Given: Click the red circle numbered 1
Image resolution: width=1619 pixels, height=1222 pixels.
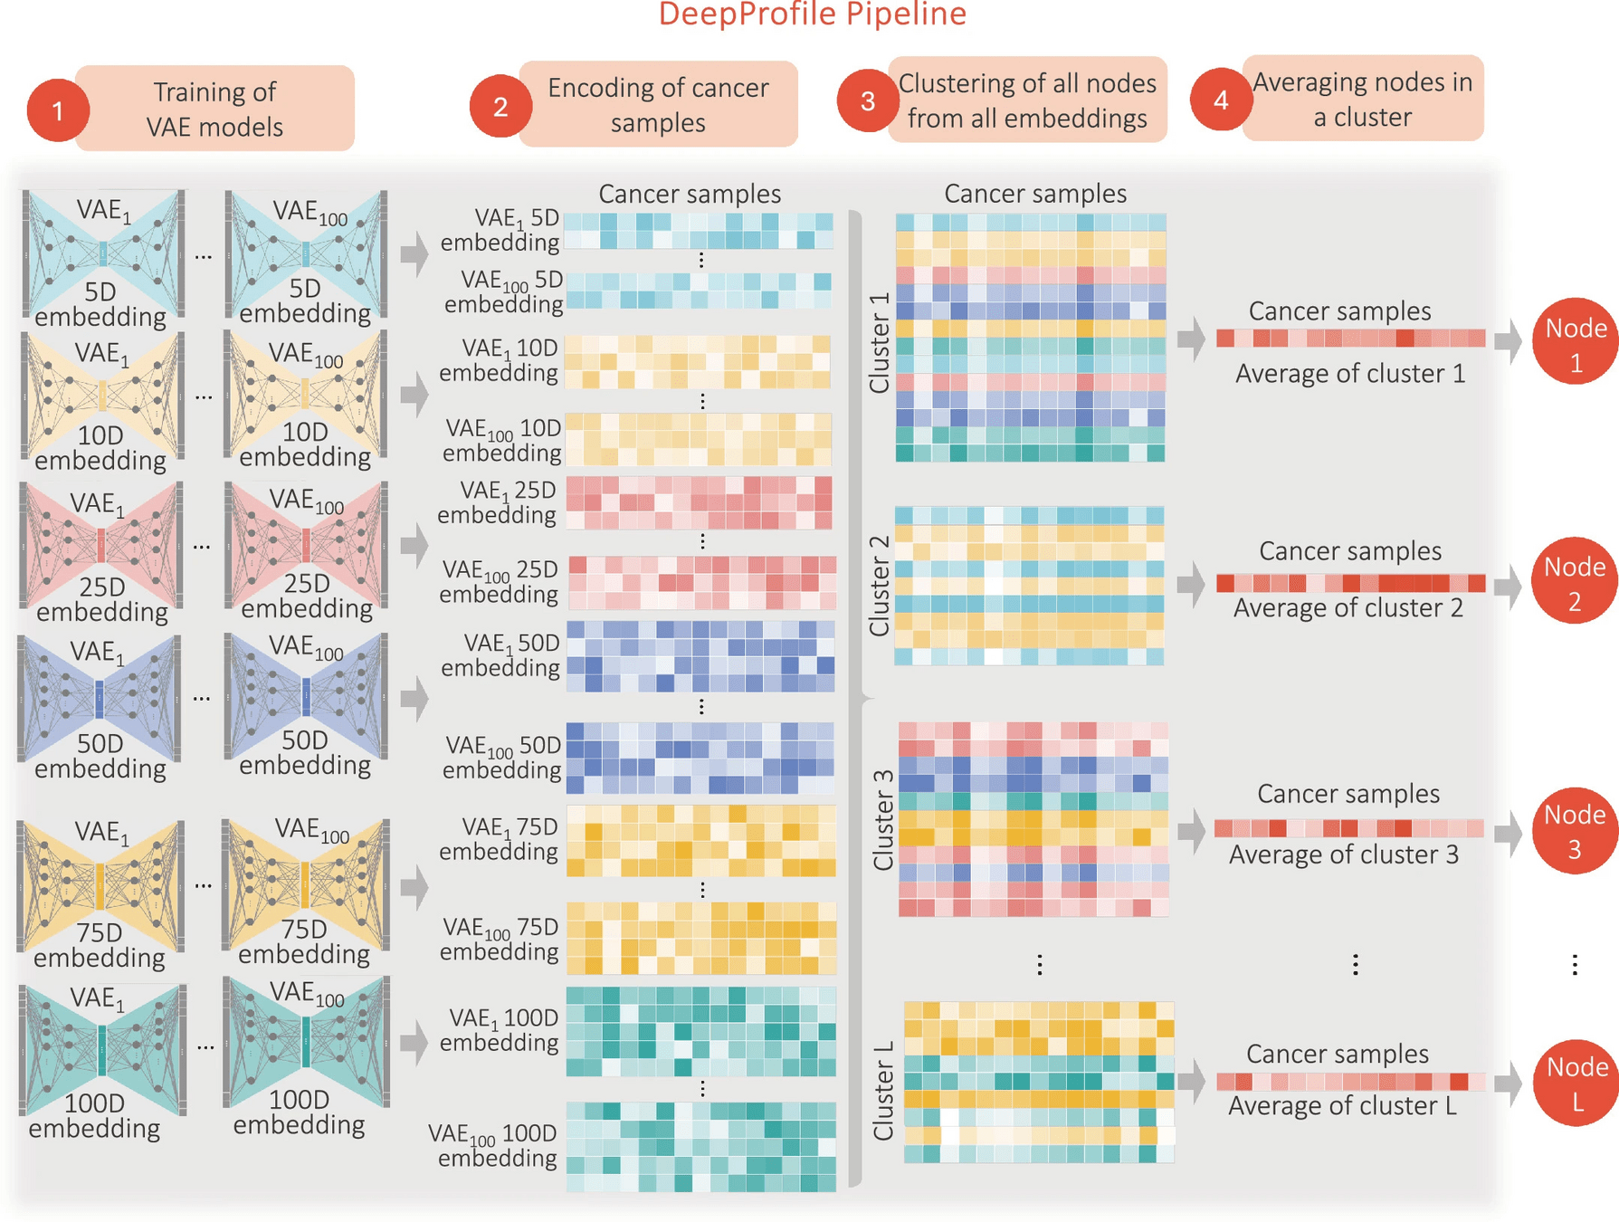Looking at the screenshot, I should pos(58,110).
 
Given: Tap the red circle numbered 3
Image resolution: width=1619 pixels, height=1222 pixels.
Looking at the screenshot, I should pos(867,100).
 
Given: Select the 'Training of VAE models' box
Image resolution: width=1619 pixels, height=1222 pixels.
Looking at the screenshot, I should pos(215,109).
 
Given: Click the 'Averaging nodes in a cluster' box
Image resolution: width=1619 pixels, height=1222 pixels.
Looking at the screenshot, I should pos(1362,99).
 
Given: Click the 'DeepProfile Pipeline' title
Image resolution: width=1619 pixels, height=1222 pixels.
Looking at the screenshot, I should pos(812,14).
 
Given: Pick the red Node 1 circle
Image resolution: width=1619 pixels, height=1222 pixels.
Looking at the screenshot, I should pos(1575,342).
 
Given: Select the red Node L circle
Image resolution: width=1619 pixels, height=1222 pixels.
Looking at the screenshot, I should pos(1576,1083).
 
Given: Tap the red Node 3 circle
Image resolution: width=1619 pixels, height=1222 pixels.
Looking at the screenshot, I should pos(1575,830).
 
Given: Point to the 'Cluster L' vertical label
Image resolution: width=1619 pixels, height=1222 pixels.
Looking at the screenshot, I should pos(883,1090).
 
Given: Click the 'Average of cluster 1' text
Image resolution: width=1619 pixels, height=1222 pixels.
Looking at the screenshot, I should pos(1349,373).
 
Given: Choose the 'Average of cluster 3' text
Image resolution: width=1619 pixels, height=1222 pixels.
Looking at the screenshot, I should pos(1343,854).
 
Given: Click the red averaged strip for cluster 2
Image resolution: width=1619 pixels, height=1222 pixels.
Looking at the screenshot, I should pos(1350,584).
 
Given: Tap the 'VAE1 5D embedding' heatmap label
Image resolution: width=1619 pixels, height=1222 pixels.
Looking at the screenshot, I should pos(500,230).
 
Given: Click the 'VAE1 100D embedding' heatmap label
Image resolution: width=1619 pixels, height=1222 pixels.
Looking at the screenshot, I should pos(499,1030).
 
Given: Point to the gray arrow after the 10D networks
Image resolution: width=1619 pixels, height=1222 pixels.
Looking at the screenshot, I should pos(414,395).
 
